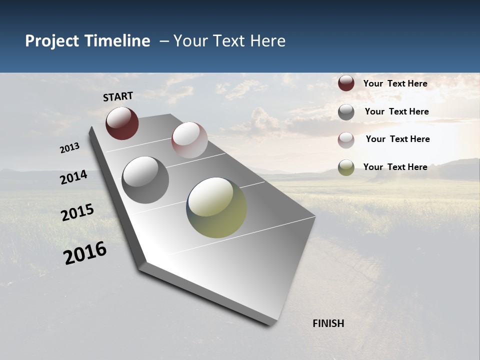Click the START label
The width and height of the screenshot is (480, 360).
[x=118, y=96]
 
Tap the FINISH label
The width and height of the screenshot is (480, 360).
[x=328, y=323]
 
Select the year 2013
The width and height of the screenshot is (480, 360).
[x=70, y=148]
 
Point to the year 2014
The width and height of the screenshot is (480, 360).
[x=73, y=177]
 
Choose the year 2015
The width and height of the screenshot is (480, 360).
[x=77, y=212]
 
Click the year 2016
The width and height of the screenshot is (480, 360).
[x=85, y=253]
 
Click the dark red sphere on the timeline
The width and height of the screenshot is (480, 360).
[x=122, y=123]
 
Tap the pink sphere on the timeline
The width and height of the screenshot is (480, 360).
[x=189, y=140]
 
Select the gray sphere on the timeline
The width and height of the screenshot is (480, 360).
[x=145, y=179]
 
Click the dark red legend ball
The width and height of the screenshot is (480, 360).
[x=346, y=83]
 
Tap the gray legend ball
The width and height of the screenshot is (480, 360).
[x=346, y=112]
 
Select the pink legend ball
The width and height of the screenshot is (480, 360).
[x=346, y=139]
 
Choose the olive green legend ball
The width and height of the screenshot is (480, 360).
[x=346, y=167]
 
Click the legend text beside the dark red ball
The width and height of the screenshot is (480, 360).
[x=395, y=83]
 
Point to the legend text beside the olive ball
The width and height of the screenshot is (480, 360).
[x=395, y=167]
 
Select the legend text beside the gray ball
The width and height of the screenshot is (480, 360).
[x=396, y=111]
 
